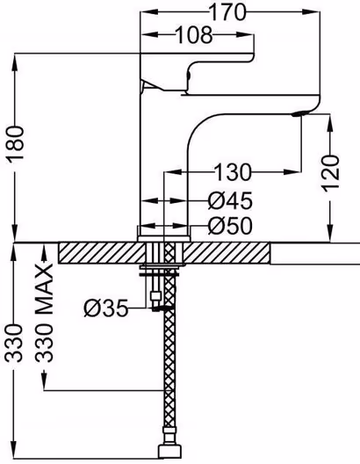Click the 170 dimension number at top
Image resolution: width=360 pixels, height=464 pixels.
tap(227, 12)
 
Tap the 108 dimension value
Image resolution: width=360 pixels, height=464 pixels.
tap(194, 35)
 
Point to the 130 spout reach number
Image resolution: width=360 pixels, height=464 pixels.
tap(233, 172)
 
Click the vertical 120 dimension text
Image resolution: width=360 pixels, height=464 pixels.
tap(330, 173)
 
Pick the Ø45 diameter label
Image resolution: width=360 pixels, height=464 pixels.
tap(230, 201)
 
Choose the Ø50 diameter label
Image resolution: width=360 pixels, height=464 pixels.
tap(230, 226)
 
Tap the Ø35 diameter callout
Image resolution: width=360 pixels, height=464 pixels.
tap(106, 308)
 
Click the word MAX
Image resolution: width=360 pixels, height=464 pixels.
tap(44, 288)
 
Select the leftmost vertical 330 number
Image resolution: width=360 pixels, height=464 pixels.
tap(14, 344)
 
